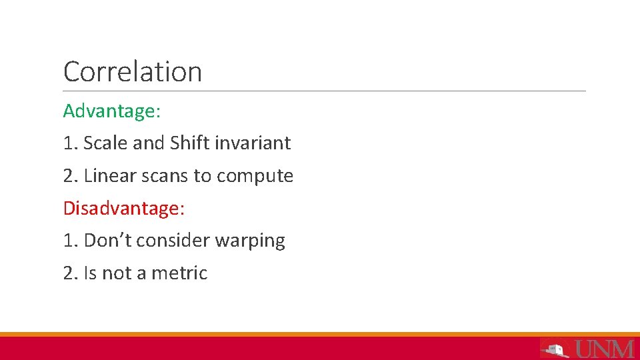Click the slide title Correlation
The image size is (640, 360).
click(x=132, y=71)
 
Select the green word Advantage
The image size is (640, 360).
click(x=111, y=111)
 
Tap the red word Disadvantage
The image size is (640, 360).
click(x=123, y=208)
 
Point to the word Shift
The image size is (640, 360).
click(x=189, y=143)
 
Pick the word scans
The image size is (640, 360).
click(x=165, y=176)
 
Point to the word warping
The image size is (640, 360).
click(x=250, y=241)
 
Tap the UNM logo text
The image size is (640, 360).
click(x=603, y=348)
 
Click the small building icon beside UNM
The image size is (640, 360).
click(x=554, y=348)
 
